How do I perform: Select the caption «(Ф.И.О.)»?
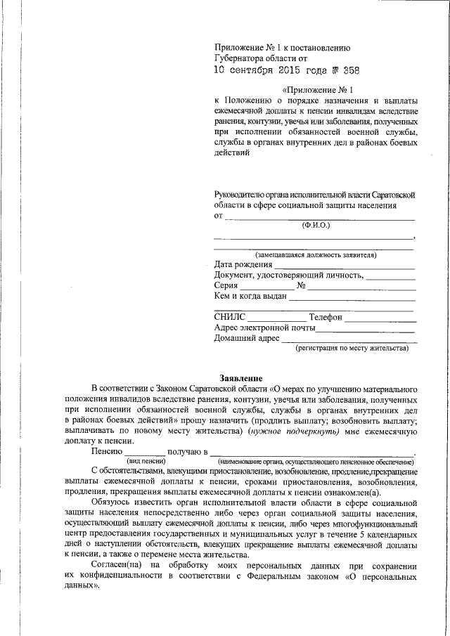click(x=315, y=225)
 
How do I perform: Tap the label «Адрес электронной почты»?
click(x=264, y=328)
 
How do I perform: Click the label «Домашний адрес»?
click(x=246, y=339)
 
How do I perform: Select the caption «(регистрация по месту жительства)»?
click(x=352, y=348)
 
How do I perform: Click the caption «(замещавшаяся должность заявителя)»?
click(x=316, y=254)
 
